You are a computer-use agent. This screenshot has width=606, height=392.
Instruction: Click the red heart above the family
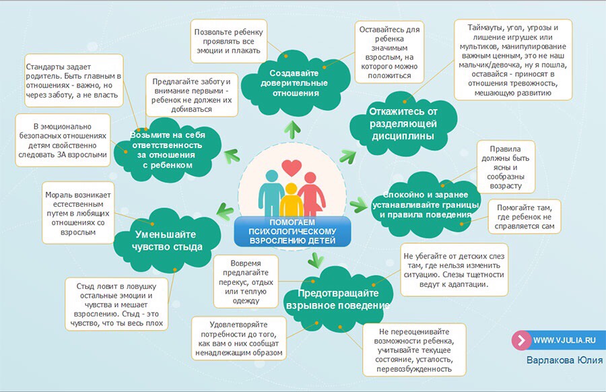[x=292, y=167]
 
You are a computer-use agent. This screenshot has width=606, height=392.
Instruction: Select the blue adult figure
[x=272, y=192]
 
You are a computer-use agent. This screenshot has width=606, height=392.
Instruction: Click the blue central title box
[x=292, y=231]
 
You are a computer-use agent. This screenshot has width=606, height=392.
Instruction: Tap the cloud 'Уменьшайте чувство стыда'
[x=167, y=240]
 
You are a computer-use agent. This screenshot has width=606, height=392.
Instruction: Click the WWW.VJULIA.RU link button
[x=555, y=340]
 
